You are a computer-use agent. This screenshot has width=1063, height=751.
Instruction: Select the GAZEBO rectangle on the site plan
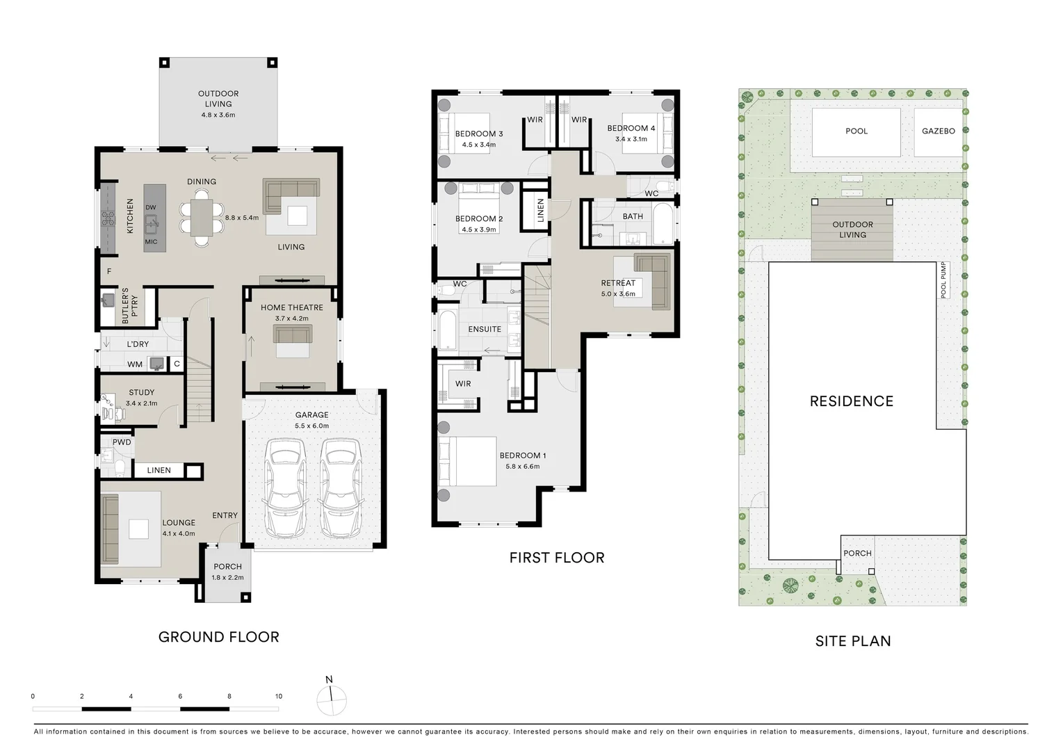coord(938,131)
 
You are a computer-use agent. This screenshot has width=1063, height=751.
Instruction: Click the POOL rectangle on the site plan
coord(856,131)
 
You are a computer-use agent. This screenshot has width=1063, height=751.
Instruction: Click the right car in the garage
coord(340,488)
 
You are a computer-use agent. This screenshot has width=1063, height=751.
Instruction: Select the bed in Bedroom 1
coord(471,461)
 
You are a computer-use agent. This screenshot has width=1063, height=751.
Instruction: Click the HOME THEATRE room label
coord(291,307)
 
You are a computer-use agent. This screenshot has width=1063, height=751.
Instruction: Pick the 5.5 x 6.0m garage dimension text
coord(311,426)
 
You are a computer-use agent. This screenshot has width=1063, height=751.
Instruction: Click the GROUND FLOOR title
coord(218,637)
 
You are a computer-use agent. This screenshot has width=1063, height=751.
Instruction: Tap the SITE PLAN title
coord(852,641)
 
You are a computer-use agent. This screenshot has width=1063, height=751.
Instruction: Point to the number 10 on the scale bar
coord(278,696)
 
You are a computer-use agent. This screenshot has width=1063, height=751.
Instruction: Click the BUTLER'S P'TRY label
coord(130,306)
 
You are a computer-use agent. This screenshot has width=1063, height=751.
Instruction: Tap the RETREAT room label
coord(618,283)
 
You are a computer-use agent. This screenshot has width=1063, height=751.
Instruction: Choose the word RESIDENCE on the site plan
coord(851,401)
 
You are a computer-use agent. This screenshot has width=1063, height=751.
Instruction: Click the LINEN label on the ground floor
coord(159,470)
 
